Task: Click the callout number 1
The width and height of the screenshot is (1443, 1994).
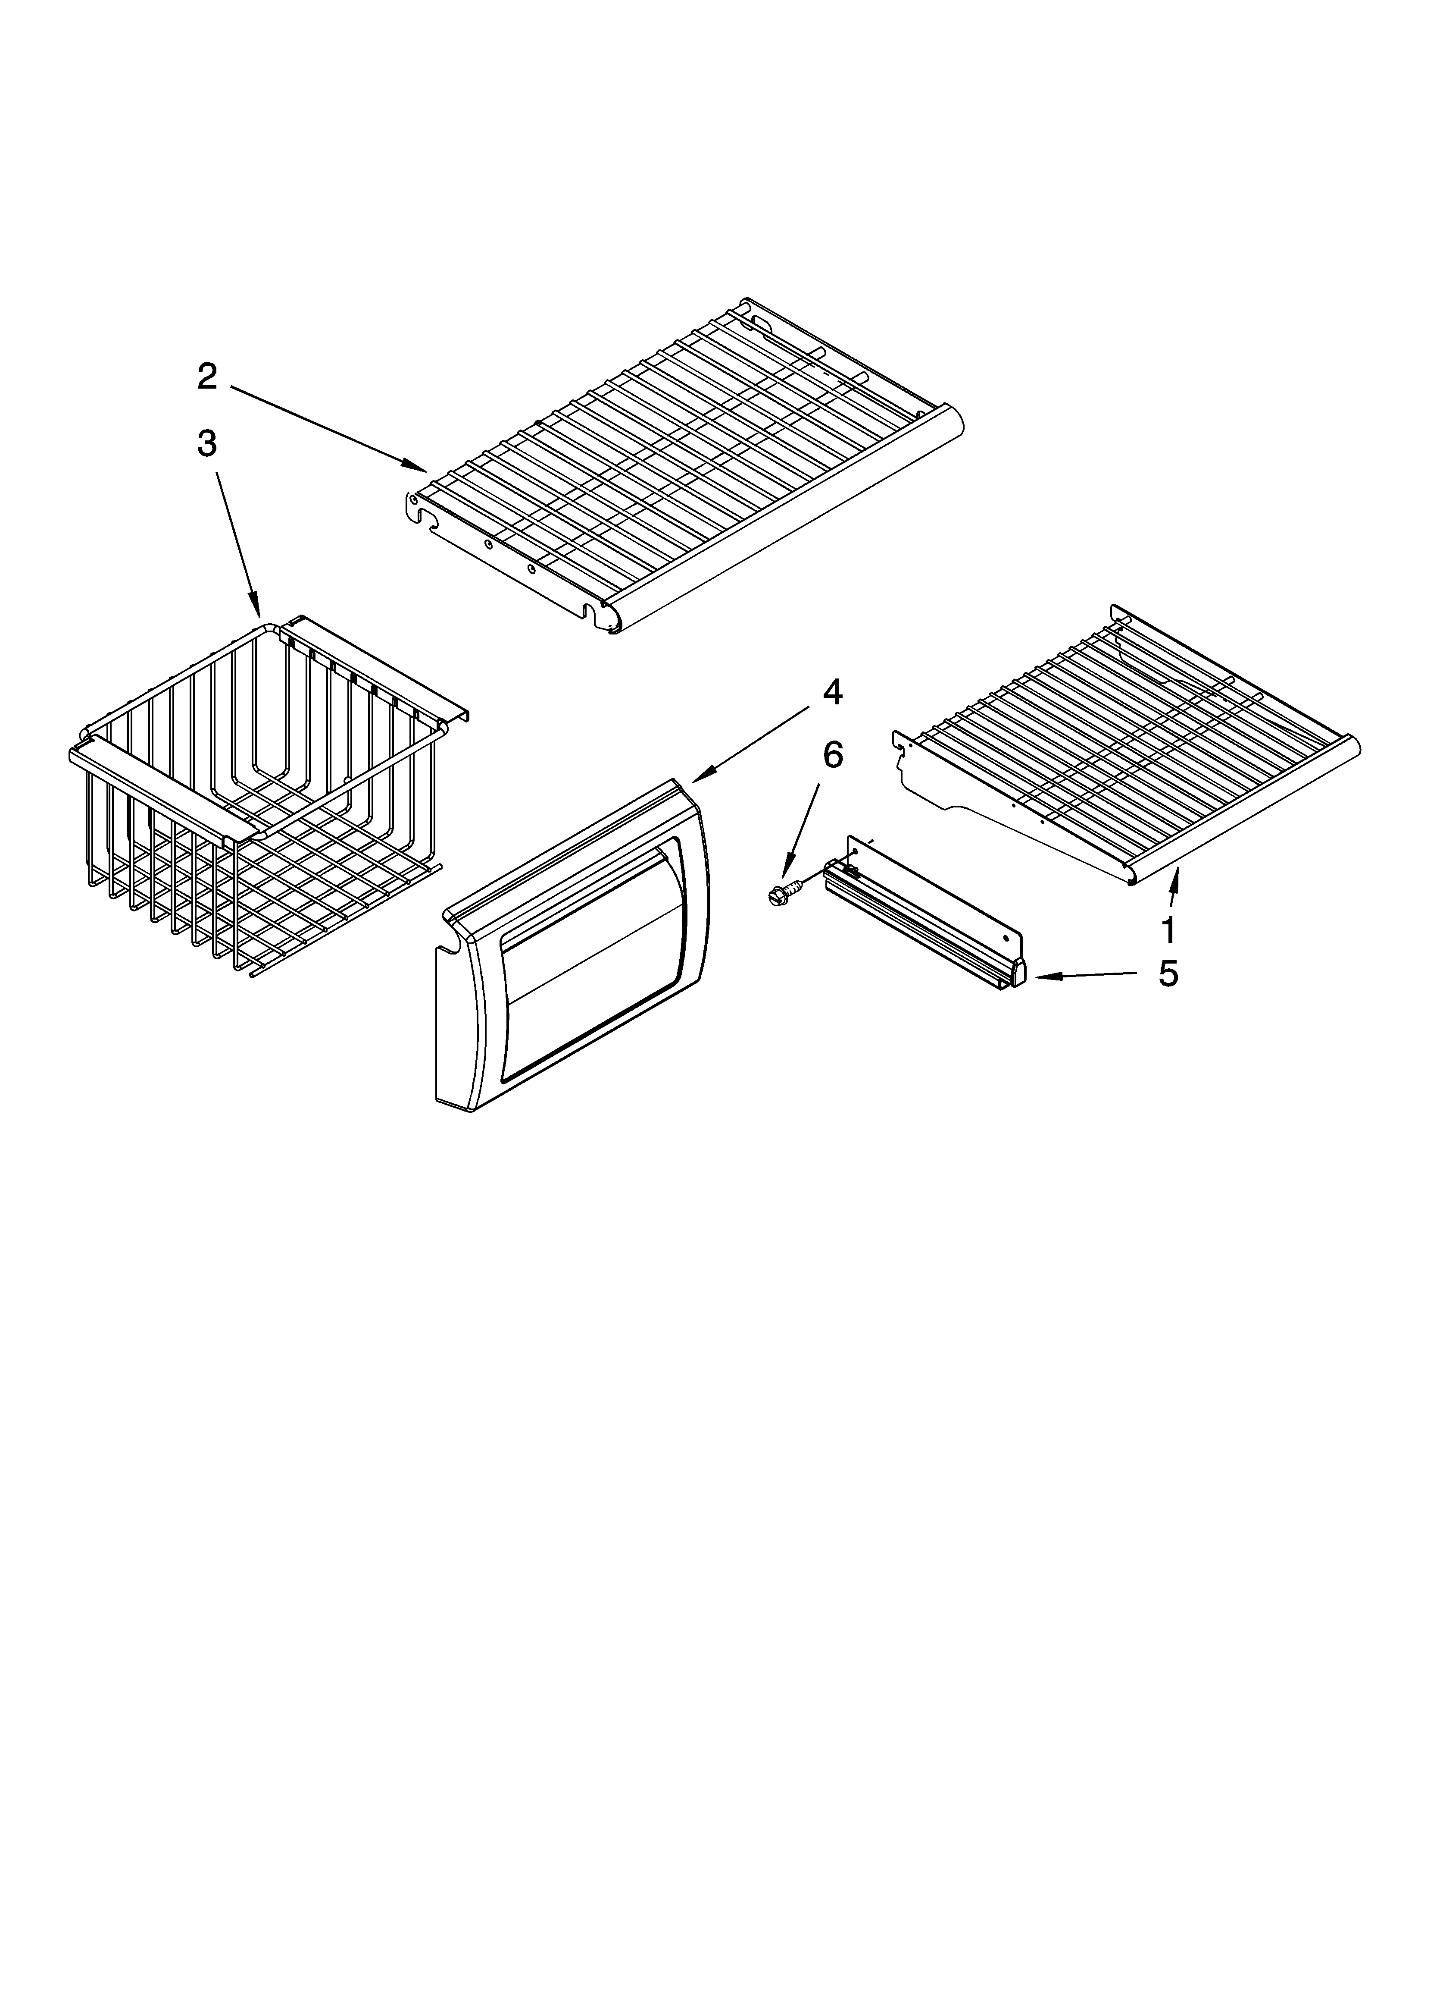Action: pos(1168,929)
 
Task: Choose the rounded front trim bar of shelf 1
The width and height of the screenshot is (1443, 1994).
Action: pos(1248,809)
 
